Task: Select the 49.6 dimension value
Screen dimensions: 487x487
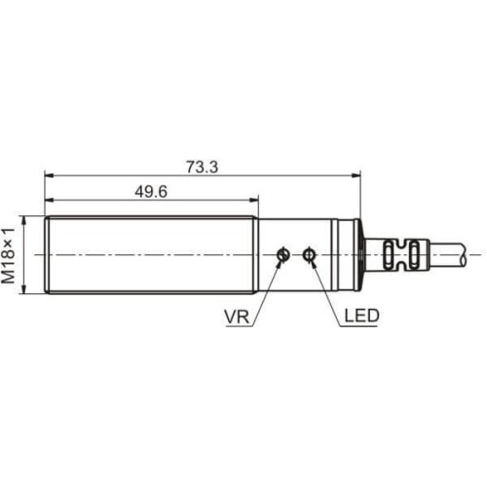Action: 151,192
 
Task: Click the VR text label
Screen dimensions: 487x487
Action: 236,316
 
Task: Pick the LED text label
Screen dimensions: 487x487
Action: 360,316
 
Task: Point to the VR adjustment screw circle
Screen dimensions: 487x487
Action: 282,255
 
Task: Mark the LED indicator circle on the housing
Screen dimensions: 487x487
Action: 310,255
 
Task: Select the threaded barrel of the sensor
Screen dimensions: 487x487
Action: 151,255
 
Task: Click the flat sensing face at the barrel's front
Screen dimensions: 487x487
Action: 48,255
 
